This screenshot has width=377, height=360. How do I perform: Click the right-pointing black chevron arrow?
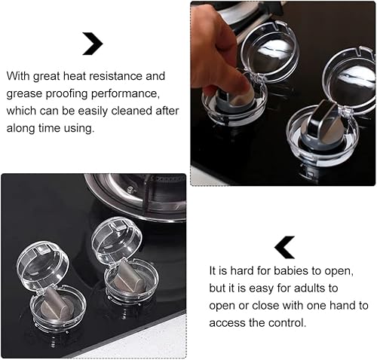(x=93, y=44)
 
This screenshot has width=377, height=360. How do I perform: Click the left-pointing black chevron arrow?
(x=284, y=246)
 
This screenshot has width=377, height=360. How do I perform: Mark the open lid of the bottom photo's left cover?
(x=43, y=264)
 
